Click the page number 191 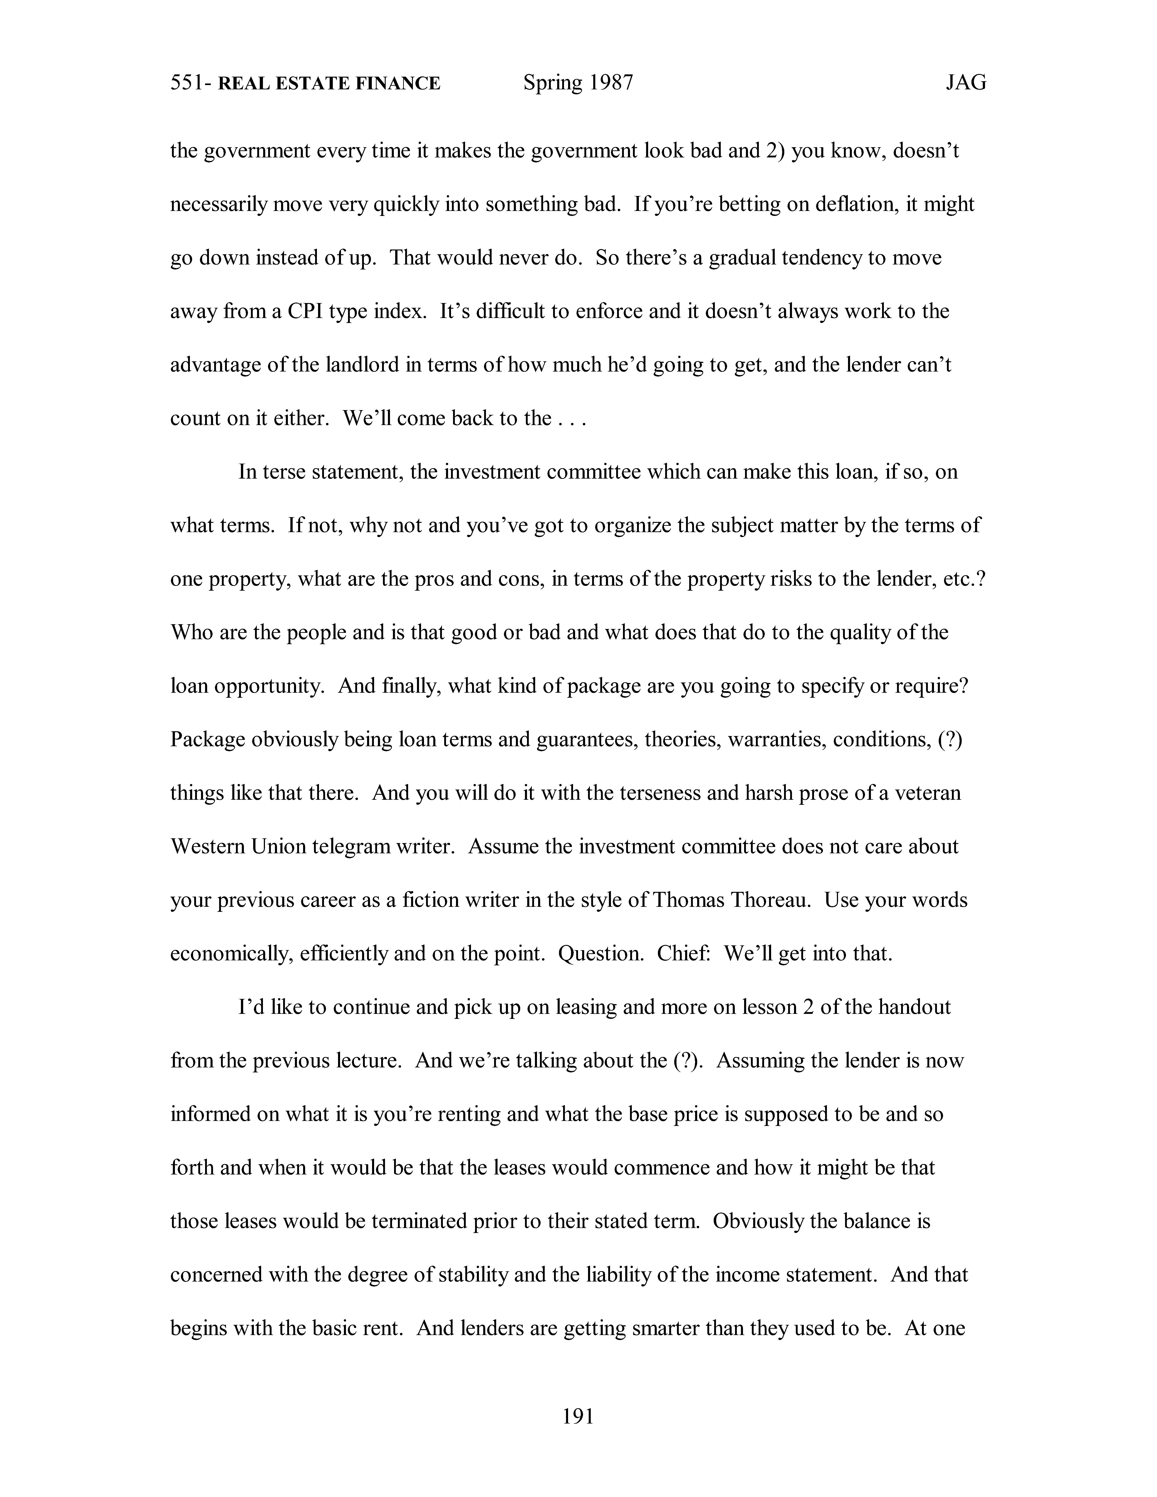coord(578,1415)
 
